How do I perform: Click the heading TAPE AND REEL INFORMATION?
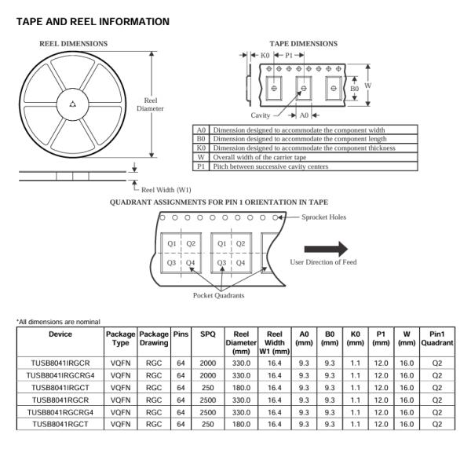(92, 21)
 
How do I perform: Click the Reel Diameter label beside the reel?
(150, 104)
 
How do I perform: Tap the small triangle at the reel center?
(73, 103)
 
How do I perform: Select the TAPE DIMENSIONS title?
(303, 44)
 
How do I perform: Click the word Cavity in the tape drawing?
(261, 115)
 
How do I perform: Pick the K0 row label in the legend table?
(201, 148)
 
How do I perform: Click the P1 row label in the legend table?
(201, 166)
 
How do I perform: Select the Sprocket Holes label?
(323, 217)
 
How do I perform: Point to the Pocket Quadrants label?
(218, 295)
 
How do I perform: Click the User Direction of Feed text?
(323, 262)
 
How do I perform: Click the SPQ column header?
(207, 334)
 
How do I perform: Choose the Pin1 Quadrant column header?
(437, 338)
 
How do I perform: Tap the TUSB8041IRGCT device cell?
(60, 387)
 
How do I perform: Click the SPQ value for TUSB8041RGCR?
(207, 400)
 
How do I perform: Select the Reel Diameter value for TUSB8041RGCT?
(241, 424)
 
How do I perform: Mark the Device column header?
(60, 334)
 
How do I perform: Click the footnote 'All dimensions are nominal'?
(58, 322)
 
